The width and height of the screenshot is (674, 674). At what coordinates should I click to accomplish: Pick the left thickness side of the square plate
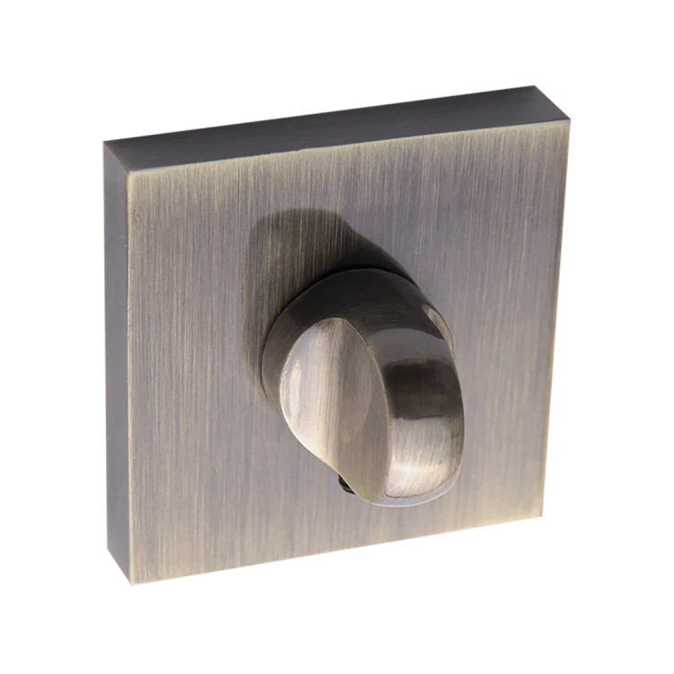click(x=115, y=359)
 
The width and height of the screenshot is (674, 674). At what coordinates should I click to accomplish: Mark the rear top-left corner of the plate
click(x=103, y=141)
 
